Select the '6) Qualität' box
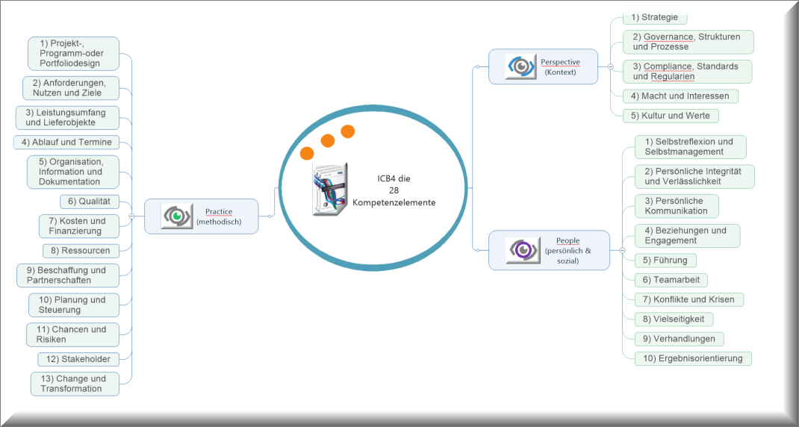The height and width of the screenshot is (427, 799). (89, 201)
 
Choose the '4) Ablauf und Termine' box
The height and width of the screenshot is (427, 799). (66, 142)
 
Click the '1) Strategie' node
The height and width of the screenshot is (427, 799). (655, 17)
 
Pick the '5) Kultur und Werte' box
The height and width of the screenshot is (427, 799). (671, 116)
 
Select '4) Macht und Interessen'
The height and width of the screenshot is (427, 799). (680, 96)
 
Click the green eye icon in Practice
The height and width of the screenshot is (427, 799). (177, 216)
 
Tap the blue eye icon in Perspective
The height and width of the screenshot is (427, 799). (520, 66)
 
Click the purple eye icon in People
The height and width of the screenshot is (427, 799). (521, 249)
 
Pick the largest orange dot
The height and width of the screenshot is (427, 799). (306, 154)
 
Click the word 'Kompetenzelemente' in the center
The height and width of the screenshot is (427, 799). (394, 202)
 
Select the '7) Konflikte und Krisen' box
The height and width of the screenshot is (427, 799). (688, 299)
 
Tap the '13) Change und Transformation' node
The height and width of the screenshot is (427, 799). (75, 384)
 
